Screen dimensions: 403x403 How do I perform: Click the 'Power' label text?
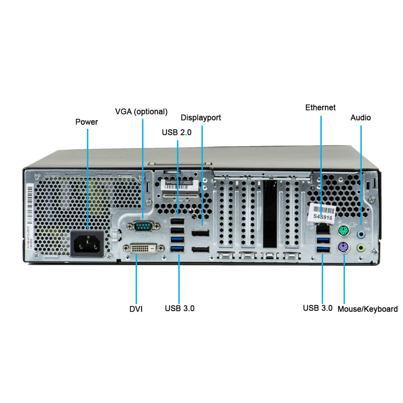(86, 122)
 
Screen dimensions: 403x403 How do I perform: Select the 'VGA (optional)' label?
(141, 112)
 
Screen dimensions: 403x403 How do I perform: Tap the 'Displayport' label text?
(201, 118)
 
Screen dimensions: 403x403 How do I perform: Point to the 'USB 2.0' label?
(177, 132)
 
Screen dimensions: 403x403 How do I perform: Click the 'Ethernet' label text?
(320, 107)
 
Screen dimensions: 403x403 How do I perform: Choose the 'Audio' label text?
(360, 118)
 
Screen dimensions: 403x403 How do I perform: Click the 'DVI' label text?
(136, 309)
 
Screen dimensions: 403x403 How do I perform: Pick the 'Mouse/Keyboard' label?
(367, 309)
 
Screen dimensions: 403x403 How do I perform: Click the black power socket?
(87, 244)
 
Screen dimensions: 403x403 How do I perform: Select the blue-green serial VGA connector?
(143, 226)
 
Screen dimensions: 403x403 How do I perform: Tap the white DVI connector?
(144, 248)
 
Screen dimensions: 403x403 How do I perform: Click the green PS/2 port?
(344, 231)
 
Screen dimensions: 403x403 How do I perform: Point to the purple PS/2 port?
(344, 247)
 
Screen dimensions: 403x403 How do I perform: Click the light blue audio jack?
(361, 234)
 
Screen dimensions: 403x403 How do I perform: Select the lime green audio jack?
(361, 248)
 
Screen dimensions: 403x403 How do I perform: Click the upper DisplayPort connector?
(200, 233)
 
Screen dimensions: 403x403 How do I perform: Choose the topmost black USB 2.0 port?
(177, 221)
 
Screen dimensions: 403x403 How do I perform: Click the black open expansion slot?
(270, 214)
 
